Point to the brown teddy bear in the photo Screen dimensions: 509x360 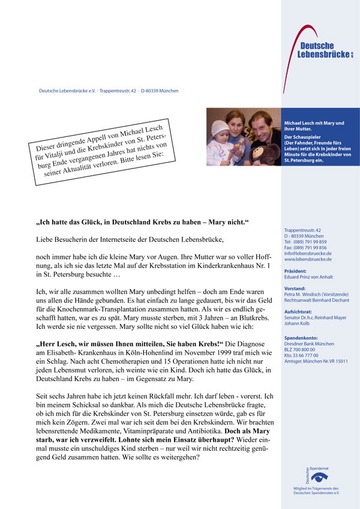pos(271,151)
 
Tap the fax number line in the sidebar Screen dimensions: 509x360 pos(305,247)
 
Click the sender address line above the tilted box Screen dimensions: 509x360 pos(109,91)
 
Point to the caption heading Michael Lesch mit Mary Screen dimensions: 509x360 pos(314,125)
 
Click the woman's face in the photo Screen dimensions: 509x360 pos(232,124)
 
